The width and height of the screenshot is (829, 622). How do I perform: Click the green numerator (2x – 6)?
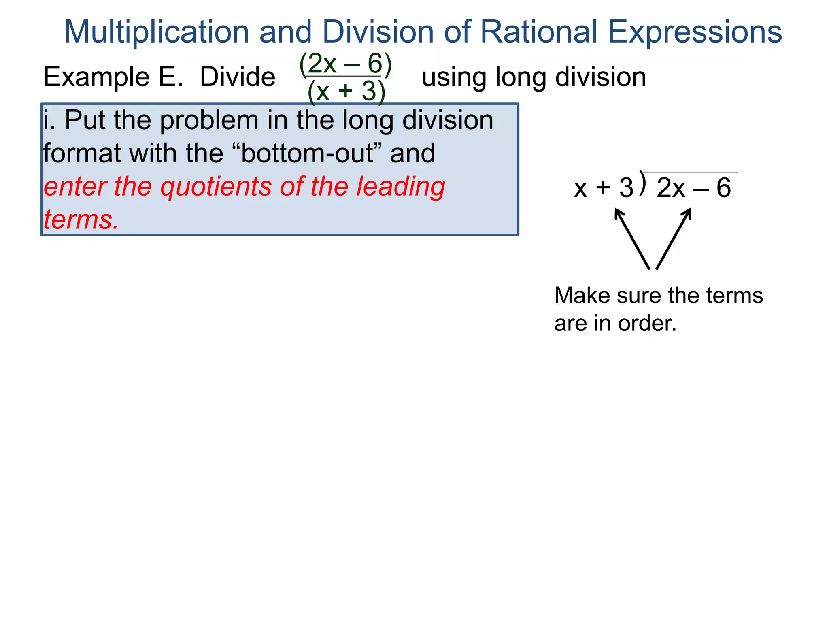tap(345, 64)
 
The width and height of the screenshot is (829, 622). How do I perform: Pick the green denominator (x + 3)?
tap(346, 91)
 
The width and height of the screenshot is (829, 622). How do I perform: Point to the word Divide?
tap(238, 77)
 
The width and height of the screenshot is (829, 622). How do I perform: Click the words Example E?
tap(113, 77)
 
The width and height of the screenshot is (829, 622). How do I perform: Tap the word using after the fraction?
tap(454, 77)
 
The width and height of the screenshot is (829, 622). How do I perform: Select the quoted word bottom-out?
tap(311, 153)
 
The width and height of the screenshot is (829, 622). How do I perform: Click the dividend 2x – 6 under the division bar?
tap(693, 188)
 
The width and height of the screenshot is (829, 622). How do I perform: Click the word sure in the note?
tap(640, 295)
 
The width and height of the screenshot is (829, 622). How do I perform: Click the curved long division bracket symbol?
tap(643, 183)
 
